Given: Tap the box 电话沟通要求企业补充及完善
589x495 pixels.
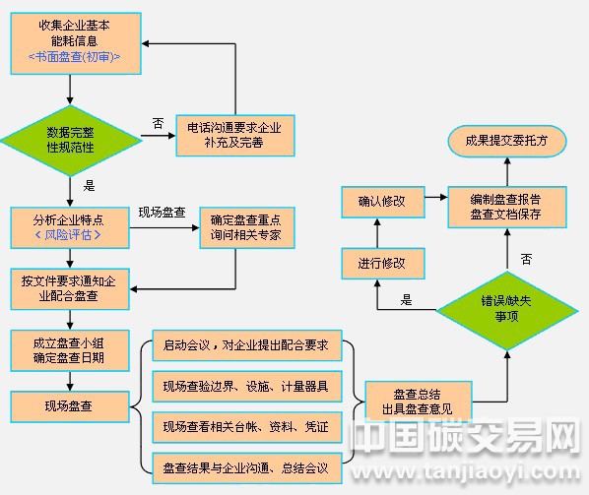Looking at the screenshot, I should coord(234,135).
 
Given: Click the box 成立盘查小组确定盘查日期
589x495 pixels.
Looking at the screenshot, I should coord(69,349).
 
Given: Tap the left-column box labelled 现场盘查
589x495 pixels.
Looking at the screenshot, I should coord(69,404).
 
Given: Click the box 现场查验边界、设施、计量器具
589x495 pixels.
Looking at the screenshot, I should coord(247,386).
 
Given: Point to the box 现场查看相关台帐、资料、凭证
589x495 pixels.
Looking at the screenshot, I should coord(247,426).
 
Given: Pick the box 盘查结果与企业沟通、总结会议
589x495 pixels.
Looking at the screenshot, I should coord(247,465).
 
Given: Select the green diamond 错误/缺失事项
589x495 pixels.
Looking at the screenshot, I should coord(506,309).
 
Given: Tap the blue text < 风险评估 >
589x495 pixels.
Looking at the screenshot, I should coord(68,236).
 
